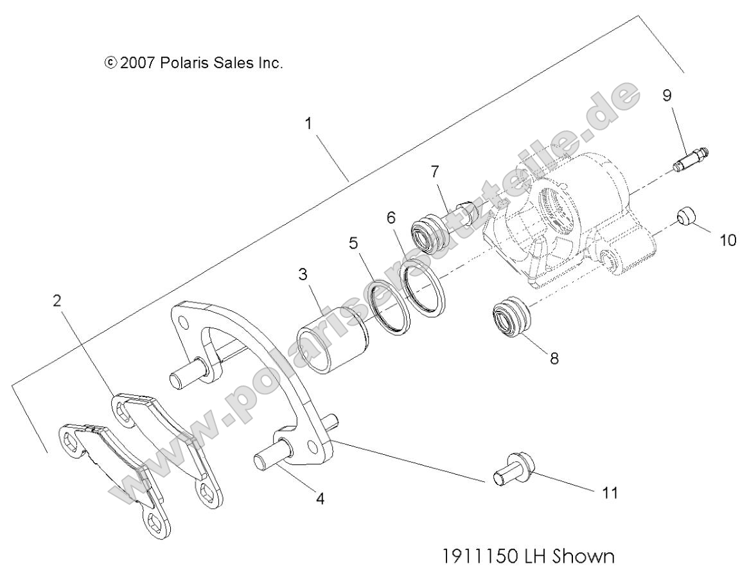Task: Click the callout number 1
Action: pyautogui.click(x=309, y=123)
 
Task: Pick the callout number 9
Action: pyautogui.click(x=667, y=95)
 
